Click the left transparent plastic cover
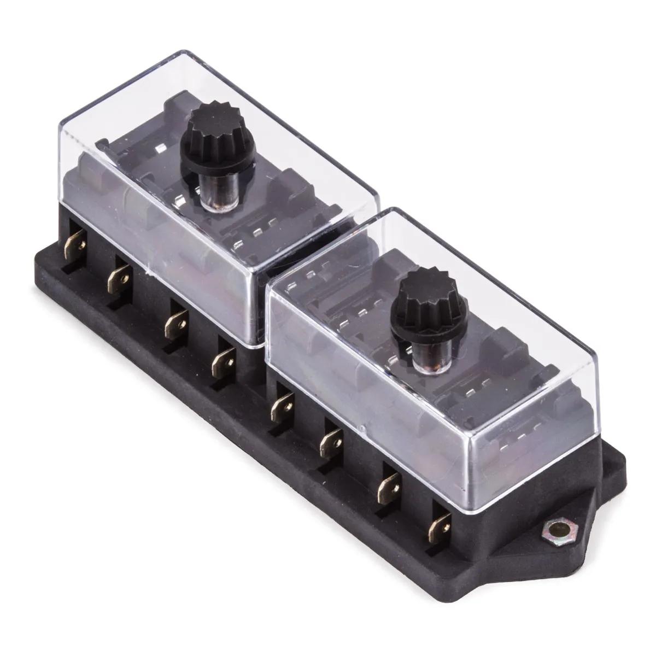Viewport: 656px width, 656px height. click(x=164, y=219)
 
